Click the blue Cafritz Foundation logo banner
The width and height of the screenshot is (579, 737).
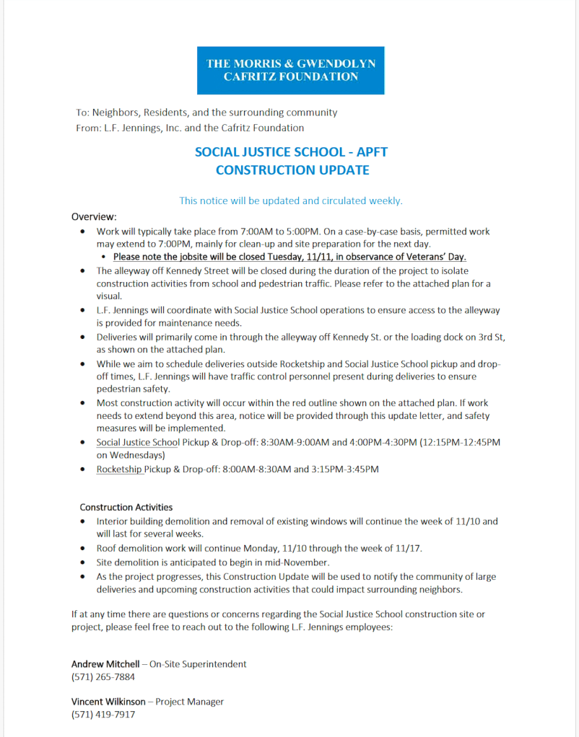click(290, 70)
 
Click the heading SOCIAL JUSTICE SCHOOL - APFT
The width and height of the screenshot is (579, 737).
click(291, 152)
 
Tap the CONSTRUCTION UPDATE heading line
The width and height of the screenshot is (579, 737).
click(292, 170)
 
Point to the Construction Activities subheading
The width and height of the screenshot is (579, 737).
click(126, 507)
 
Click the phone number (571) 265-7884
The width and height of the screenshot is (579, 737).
click(103, 677)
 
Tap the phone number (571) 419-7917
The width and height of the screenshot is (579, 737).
click(103, 715)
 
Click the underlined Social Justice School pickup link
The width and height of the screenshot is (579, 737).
click(137, 442)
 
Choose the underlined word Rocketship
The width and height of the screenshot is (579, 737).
click(119, 469)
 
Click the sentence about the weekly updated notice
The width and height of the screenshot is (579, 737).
click(291, 200)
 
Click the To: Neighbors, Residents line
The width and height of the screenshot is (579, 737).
click(206, 112)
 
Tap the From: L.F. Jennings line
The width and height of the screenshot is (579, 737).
click(190, 128)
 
